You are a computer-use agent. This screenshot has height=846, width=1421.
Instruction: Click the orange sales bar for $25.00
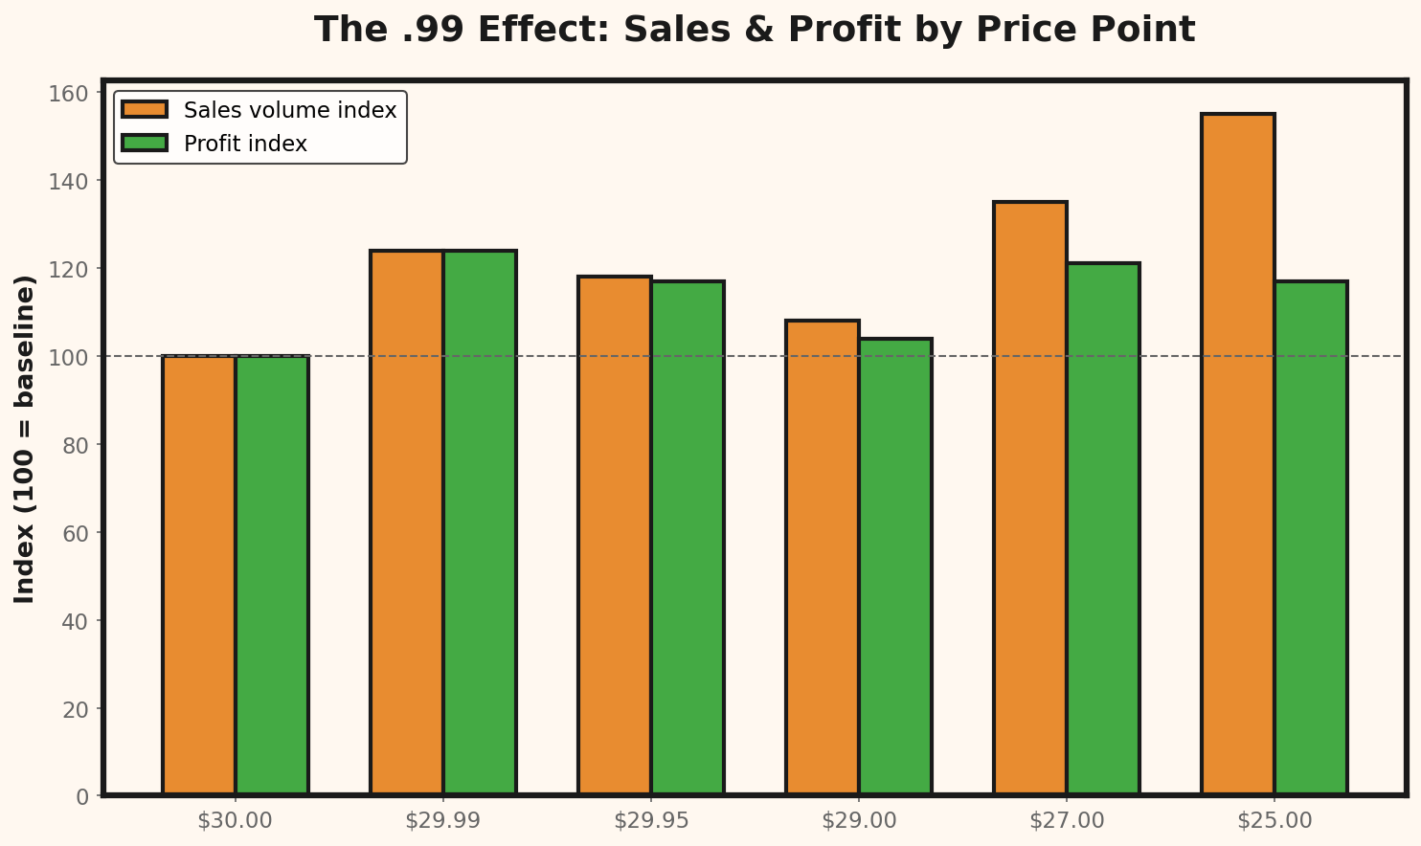pos(1237,455)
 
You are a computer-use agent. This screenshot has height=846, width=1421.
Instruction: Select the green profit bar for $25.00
pos(1310,538)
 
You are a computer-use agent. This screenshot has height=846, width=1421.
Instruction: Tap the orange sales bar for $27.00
pos(1029,498)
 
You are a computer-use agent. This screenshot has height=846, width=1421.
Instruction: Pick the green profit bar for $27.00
pos(1102,528)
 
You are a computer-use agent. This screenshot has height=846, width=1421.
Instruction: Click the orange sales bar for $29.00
pos(822,557)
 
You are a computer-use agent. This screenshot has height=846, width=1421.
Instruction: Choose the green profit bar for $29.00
pos(894,567)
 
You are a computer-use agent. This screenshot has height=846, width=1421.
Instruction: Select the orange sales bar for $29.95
pos(614,536)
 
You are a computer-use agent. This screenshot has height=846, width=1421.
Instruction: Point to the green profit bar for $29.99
pos(479,523)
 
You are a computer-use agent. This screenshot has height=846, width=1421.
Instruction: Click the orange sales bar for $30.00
pos(198,575)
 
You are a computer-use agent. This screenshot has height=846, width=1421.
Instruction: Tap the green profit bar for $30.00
pos(271,575)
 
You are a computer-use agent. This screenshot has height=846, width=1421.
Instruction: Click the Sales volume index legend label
pos(289,110)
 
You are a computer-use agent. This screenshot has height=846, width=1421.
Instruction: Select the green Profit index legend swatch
pos(145,144)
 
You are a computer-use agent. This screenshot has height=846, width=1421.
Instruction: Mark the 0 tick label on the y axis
pos(82,796)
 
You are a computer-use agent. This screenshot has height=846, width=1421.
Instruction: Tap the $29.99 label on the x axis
pos(442,821)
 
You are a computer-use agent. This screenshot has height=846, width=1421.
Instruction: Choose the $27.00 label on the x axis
pos(1066,821)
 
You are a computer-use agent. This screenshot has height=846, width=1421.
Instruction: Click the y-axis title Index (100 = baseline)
pos(25,438)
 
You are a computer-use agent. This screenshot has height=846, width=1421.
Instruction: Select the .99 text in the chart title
pos(426,30)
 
